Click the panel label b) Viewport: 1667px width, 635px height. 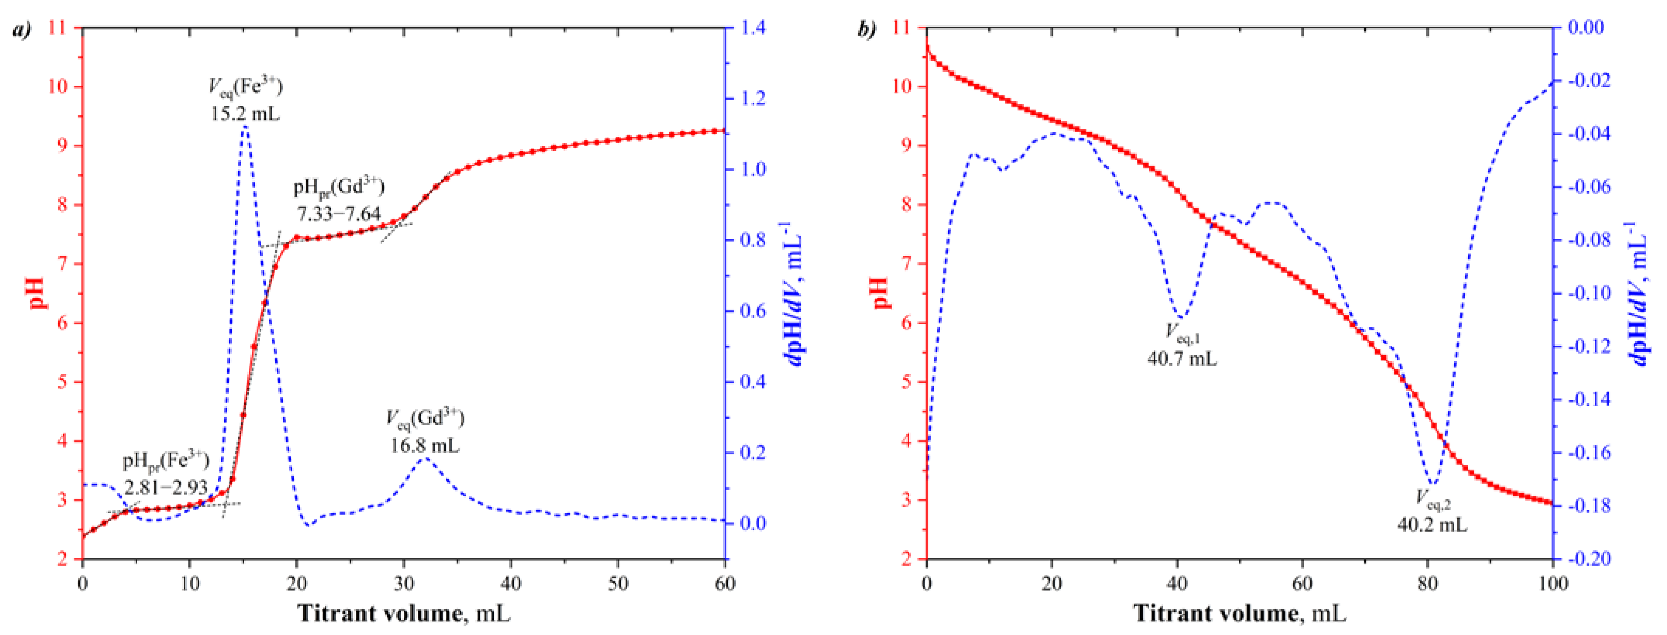click(867, 30)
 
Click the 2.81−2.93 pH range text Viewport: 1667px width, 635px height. click(165, 487)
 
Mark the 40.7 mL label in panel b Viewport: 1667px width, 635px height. click(1182, 358)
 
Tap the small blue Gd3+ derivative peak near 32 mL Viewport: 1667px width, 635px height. click(424, 459)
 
